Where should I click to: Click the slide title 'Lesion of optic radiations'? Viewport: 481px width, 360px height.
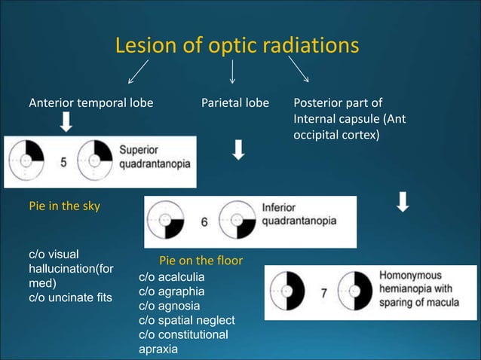[237, 46]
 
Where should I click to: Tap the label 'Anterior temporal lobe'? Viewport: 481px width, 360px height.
[90, 102]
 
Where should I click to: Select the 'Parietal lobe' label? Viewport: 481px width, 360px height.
[234, 102]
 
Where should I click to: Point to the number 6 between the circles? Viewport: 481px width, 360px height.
[204, 222]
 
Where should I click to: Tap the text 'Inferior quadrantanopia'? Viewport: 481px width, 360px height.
[299, 214]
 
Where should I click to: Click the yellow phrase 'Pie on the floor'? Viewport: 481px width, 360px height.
[201, 261]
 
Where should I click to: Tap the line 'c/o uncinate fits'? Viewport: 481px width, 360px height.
[70, 297]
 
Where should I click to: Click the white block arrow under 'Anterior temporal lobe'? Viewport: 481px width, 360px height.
[66, 122]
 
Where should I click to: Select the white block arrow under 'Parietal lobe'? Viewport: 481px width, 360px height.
[237, 150]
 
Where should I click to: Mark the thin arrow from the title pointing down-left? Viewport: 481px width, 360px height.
[138, 72]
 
